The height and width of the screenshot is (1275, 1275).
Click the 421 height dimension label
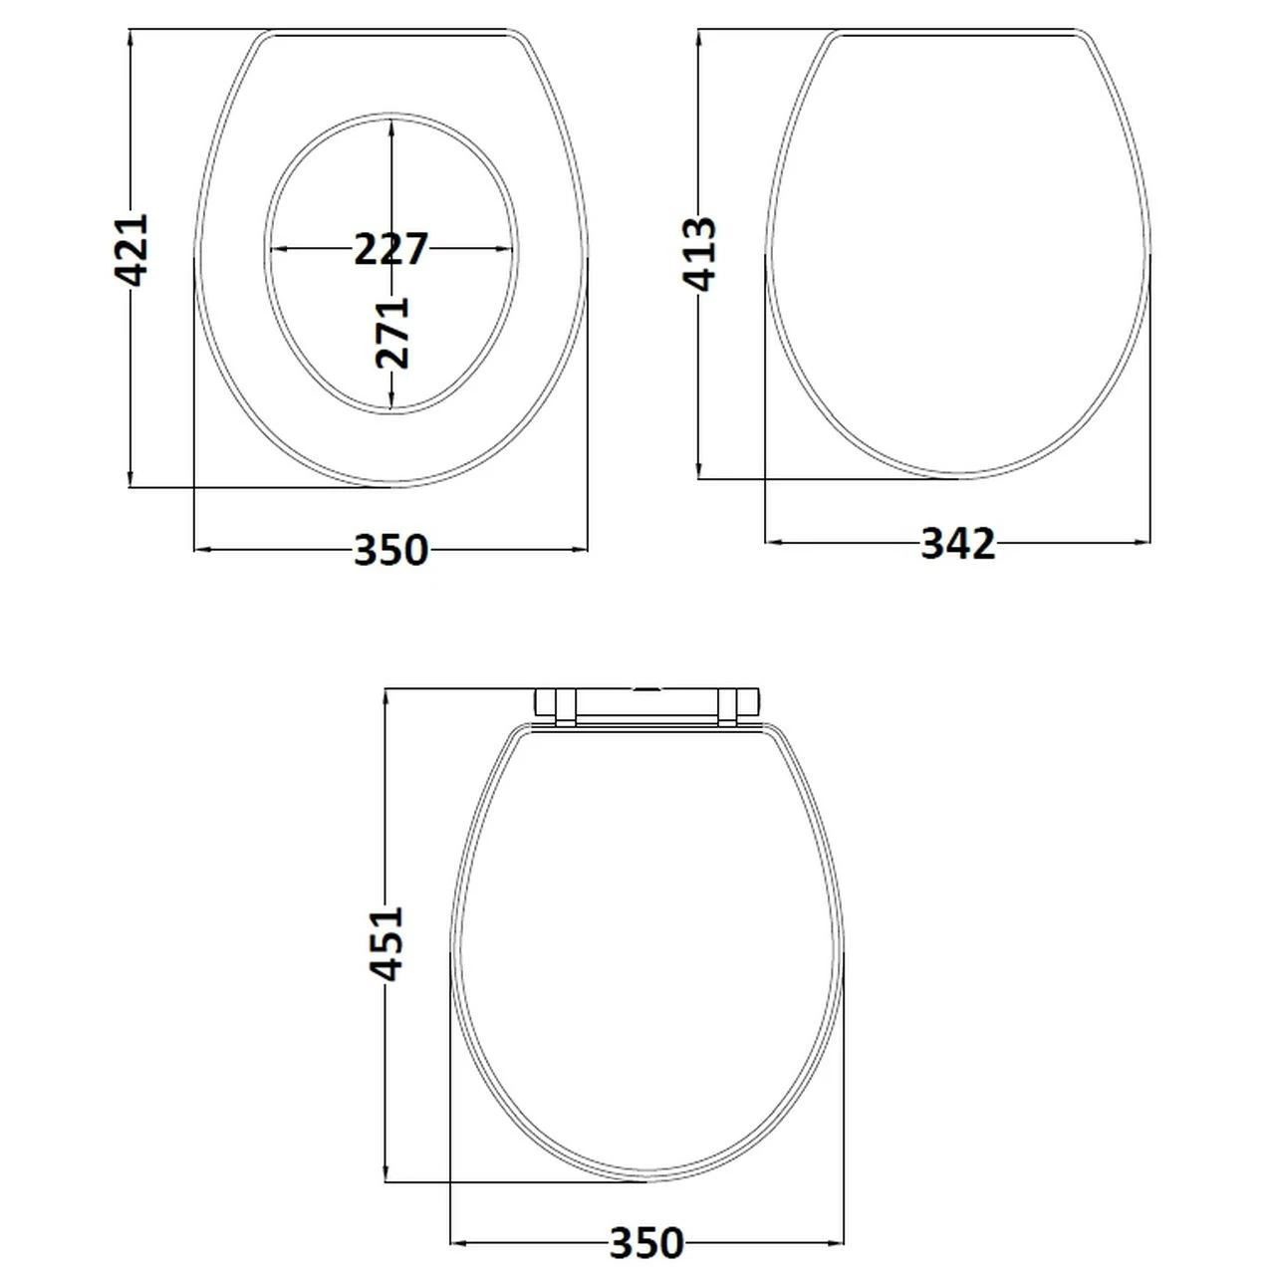pyautogui.click(x=131, y=249)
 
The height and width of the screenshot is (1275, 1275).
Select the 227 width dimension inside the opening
pyautogui.click(x=390, y=248)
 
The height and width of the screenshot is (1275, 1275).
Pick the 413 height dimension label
pyautogui.click(x=700, y=253)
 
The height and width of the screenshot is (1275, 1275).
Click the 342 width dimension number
pyautogui.click(x=957, y=544)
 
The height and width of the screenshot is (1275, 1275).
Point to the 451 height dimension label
pyautogui.click(x=386, y=942)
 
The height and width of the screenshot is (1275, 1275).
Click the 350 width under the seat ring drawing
pyautogui.click(x=390, y=550)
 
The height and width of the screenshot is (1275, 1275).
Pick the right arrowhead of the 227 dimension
pyautogui.click(x=506, y=249)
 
